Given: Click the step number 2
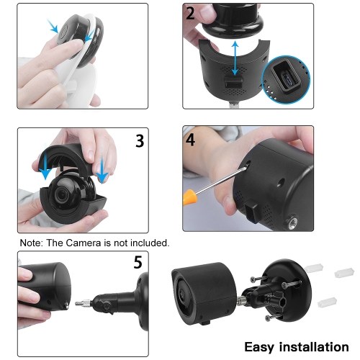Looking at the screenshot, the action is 190,14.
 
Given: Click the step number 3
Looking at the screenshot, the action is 140,141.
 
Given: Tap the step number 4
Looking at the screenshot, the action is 190,140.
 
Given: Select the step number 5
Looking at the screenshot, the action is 138,262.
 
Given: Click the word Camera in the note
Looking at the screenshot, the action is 84,243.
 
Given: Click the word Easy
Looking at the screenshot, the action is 259,348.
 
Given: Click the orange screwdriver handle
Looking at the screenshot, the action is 188,197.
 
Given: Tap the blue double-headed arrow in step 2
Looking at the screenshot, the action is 235,58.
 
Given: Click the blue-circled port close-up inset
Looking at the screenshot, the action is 287,79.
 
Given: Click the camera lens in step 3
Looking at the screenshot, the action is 62,194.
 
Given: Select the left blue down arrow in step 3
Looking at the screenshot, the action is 45,166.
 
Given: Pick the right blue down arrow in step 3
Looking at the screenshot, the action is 103,170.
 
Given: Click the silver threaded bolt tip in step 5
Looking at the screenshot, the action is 83,303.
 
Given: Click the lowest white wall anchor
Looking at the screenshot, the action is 327,302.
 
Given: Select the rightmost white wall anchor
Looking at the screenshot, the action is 344,273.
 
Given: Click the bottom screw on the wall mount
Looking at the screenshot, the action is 273,318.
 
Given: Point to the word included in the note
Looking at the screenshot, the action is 149,243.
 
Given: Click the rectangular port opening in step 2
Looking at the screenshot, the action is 233,83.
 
